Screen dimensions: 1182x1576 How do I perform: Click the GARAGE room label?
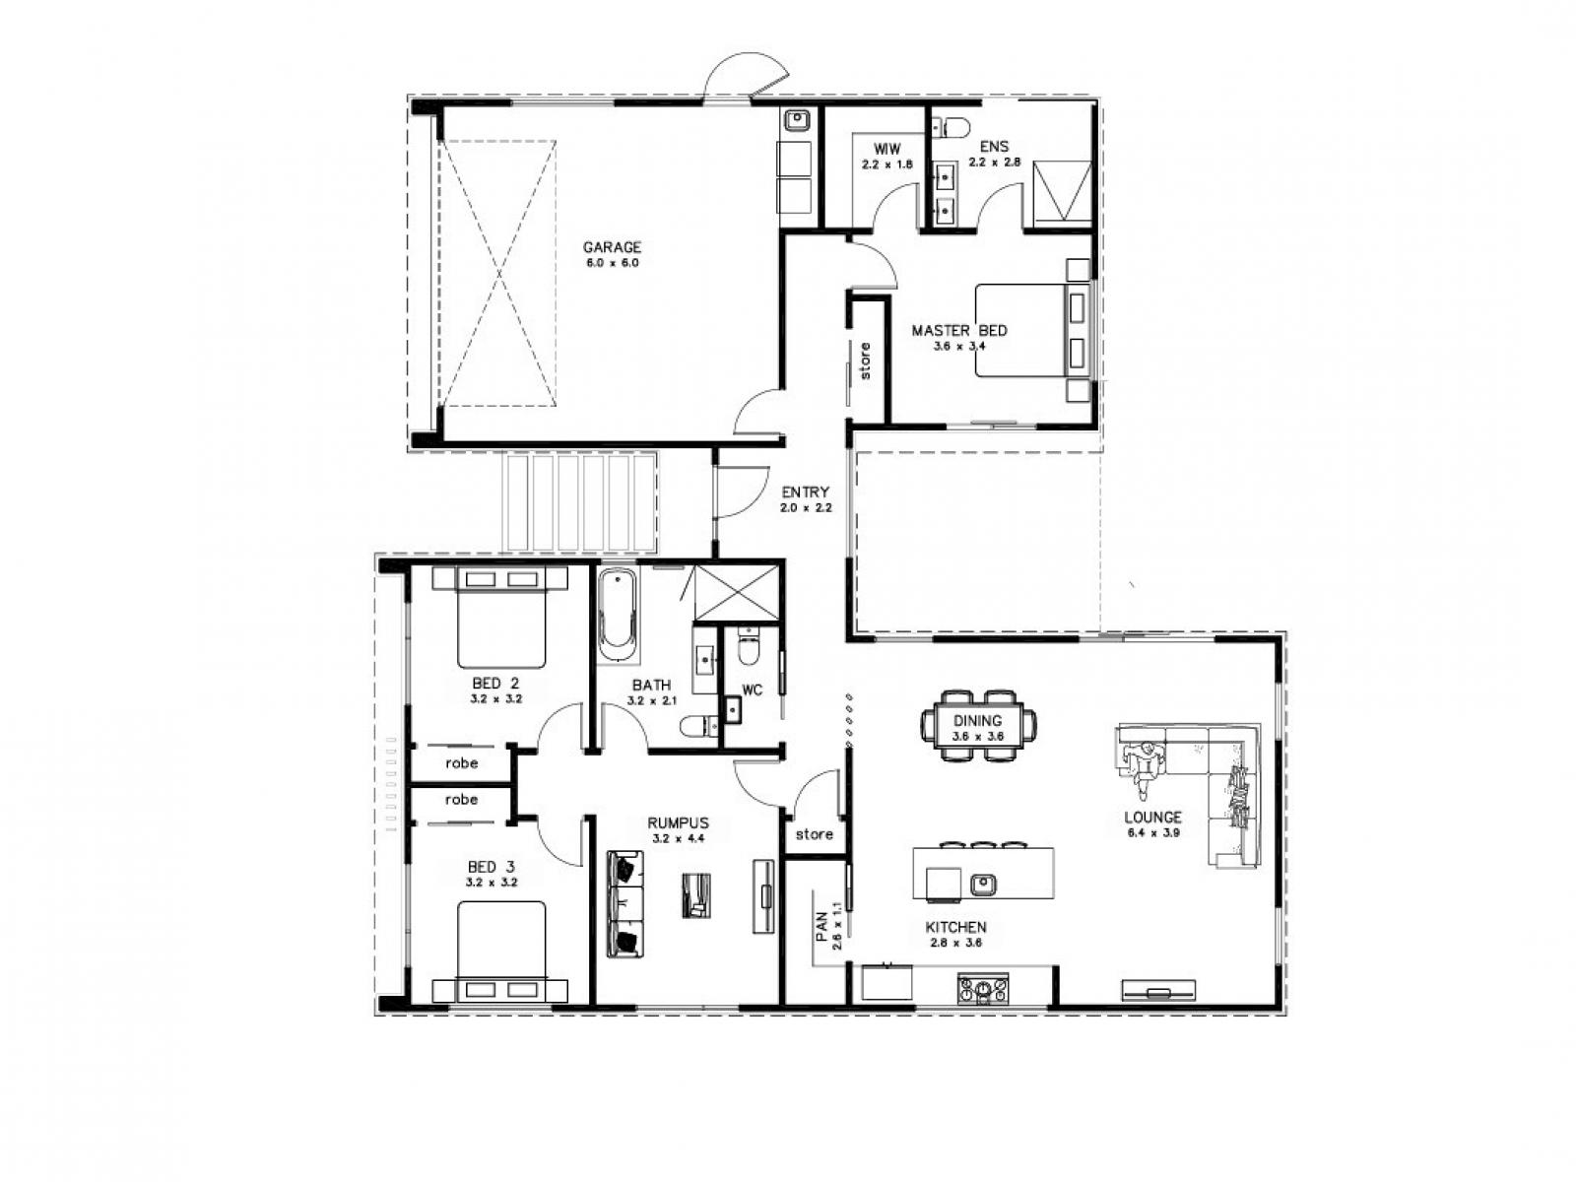click(x=611, y=247)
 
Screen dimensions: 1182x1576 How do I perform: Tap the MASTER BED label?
click(x=958, y=331)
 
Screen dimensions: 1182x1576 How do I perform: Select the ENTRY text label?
click(x=805, y=492)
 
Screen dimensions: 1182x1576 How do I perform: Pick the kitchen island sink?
click(x=981, y=884)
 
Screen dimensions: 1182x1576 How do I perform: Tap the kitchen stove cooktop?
click(x=983, y=987)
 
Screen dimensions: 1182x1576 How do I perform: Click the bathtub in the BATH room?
click(x=618, y=613)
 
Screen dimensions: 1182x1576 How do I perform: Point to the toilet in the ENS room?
click(x=952, y=126)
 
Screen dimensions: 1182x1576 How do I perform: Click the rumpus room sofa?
click(x=624, y=903)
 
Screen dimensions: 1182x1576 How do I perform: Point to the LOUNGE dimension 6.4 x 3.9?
click(x=1153, y=832)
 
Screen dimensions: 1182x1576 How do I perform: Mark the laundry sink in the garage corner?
click(x=796, y=121)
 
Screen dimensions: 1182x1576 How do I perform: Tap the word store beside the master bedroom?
click(x=866, y=361)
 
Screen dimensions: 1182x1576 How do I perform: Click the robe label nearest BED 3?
click(x=461, y=799)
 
